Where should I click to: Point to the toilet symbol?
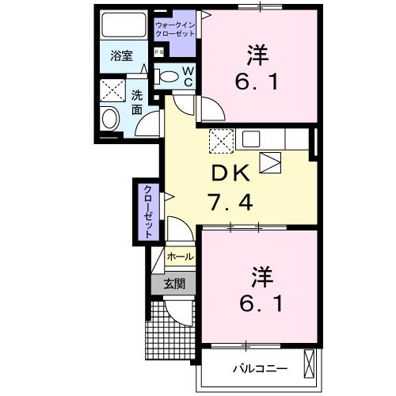(x=168, y=76)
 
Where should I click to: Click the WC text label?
(x=189, y=77)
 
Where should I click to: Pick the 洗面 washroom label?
(x=137, y=102)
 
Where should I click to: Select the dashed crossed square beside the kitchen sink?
(x=220, y=139)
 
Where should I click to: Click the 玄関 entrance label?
(x=175, y=283)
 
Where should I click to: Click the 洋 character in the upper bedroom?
(x=257, y=56)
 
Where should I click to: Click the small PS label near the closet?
(x=158, y=53)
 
